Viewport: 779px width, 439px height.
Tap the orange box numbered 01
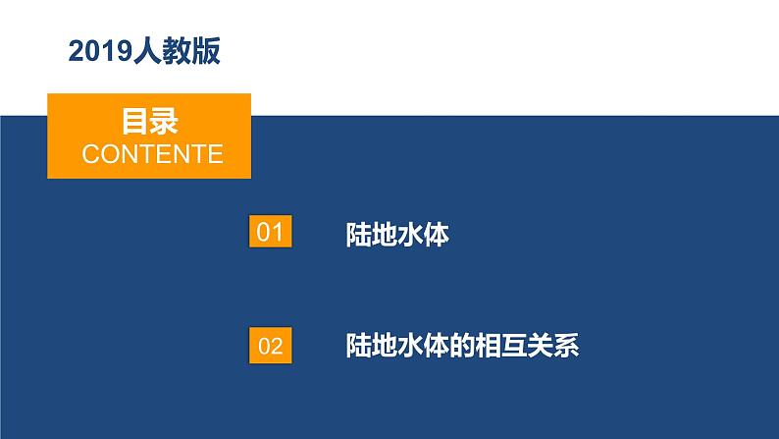[270, 233]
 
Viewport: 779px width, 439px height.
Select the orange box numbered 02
[270, 345]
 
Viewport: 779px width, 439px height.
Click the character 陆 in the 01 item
[360, 235]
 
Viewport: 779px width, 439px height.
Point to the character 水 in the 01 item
[412, 235]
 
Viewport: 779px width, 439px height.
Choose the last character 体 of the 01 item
[438, 235]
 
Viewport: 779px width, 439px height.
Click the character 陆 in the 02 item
[360, 346]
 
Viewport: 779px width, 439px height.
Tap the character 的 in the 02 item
[464, 346]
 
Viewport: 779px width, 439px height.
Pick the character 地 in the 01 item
[386, 235]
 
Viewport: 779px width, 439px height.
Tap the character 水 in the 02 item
[412, 346]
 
